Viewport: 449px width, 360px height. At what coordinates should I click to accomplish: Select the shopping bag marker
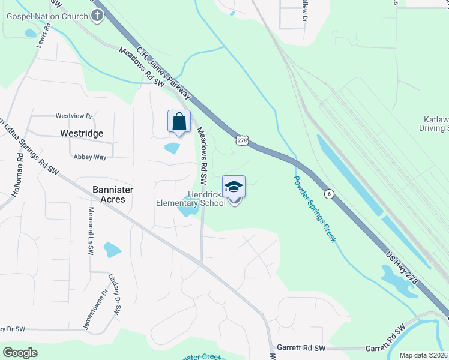179,122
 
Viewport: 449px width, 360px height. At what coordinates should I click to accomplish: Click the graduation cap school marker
234,187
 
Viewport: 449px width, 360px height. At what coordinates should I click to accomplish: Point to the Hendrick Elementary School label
191,199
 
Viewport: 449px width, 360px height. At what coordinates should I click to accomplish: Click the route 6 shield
328,193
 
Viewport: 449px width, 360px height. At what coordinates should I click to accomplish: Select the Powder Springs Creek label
315,209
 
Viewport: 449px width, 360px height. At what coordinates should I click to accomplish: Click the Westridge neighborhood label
82,133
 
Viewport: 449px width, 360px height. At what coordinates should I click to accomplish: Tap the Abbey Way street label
89,157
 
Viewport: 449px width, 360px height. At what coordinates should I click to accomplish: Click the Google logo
20,352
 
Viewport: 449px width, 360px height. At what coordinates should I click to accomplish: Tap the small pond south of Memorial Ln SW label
112,249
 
